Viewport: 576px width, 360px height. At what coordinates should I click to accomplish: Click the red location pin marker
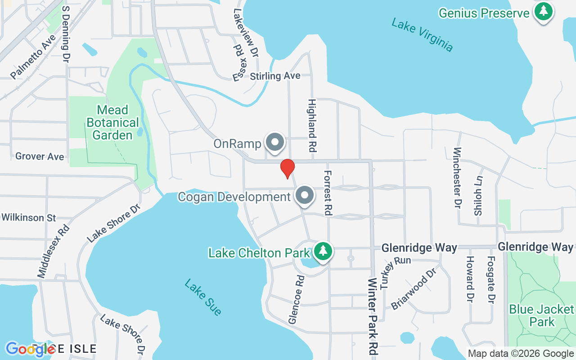(287, 168)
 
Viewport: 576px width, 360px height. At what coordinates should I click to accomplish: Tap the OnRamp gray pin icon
(274, 143)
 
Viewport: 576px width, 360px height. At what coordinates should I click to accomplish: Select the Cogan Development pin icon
(305, 196)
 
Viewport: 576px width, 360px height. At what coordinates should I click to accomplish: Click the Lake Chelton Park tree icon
(323, 251)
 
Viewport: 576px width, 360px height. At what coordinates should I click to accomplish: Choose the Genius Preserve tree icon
(544, 11)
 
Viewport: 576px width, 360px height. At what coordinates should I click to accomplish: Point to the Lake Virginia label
(422, 35)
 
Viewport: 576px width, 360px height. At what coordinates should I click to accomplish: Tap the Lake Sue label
(203, 297)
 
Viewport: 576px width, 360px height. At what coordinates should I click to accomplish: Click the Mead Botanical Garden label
(112, 122)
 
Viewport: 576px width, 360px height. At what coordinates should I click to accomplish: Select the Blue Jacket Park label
(542, 315)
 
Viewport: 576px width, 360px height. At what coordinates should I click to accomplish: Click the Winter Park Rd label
(373, 317)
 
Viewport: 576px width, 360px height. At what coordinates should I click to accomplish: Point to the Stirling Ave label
(275, 76)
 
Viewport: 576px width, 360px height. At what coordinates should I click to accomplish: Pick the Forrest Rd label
(328, 193)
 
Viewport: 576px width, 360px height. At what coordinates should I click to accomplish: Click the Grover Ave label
(40, 157)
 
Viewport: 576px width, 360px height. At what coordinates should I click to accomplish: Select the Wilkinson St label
(29, 218)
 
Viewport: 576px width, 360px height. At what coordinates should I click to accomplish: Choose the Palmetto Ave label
(33, 57)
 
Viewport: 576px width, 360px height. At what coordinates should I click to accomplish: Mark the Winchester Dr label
(458, 178)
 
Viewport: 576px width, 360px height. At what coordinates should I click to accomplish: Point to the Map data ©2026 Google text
(521, 354)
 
